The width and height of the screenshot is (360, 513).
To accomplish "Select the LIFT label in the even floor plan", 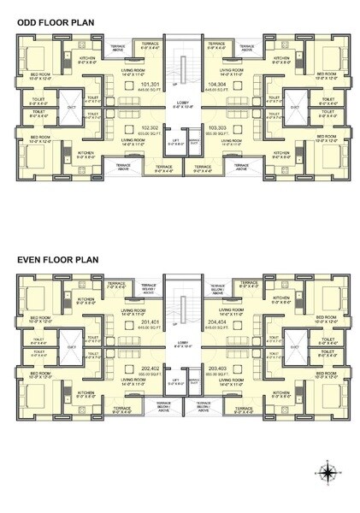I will coord(175,380).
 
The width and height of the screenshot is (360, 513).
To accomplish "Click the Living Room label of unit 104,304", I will coord(232,70).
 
